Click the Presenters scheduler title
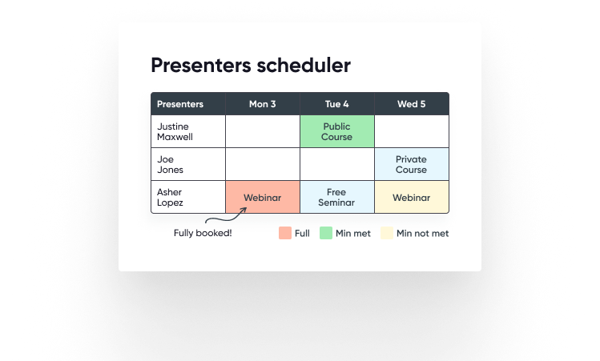coord(251,65)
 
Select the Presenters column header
coord(180,104)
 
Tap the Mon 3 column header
coord(263,104)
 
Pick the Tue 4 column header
coord(336,104)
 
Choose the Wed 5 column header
coord(412,104)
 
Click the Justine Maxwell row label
coord(175,131)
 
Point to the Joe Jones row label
coord(170,164)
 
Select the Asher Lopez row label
coord(170,198)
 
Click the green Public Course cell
coord(337,131)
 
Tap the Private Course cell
coord(412,164)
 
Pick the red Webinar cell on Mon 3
coord(263,197)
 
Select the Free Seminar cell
coord(337,197)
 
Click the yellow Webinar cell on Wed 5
coord(412,197)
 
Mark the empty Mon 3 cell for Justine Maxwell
coord(263,131)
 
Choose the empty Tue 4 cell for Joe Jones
coord(337,164)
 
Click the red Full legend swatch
coord(285,233)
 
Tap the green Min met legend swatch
coord(326,233)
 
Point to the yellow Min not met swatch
coord(387,233)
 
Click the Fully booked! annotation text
coord(203,233)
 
